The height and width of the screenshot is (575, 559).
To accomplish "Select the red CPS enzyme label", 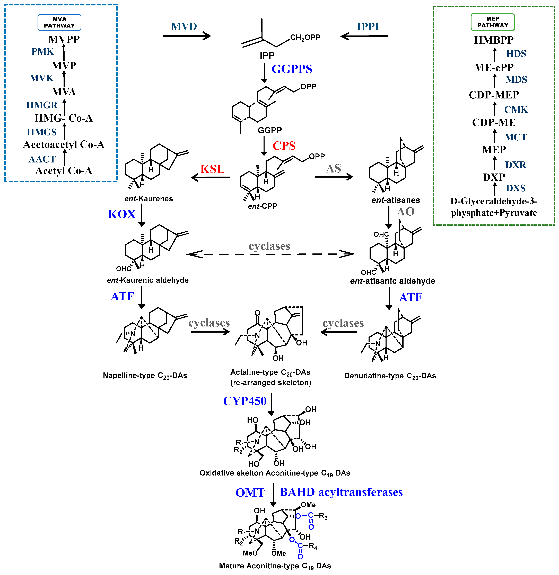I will point(284,146).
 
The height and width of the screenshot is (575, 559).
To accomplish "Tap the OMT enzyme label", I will point(250,492).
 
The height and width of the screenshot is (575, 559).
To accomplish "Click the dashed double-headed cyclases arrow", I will point(270,254).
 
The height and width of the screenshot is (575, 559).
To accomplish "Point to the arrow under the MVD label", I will point(187,36).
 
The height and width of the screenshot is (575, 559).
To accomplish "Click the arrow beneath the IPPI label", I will point(364,36).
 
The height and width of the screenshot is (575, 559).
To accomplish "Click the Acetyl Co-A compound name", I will point(64,171).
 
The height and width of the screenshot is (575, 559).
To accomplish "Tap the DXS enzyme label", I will point(516,188).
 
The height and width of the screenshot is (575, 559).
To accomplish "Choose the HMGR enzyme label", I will point(42,105).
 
